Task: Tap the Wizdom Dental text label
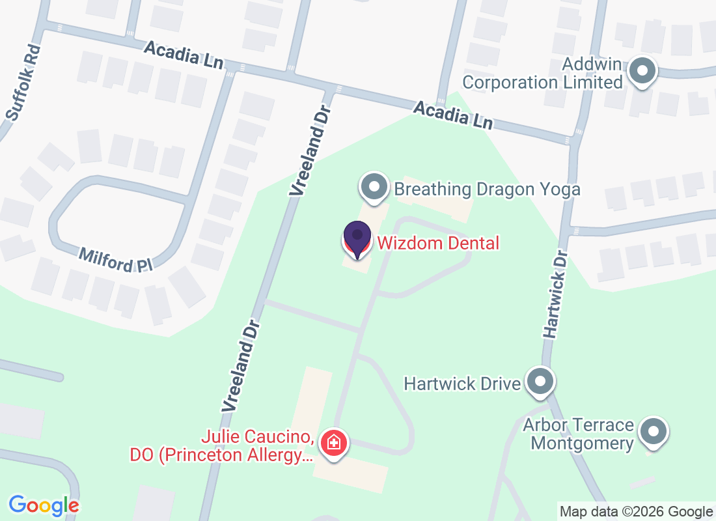[438, 244]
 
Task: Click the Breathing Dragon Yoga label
[487, 190]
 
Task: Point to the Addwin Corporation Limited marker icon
[643, 71]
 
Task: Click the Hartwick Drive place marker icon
[540, 382]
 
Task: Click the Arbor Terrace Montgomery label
[579, 434]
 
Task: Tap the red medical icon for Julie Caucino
[335, 444]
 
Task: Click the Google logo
[44, 505]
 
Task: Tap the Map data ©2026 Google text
[636, 512]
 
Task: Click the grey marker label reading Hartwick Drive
[462, 382]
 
